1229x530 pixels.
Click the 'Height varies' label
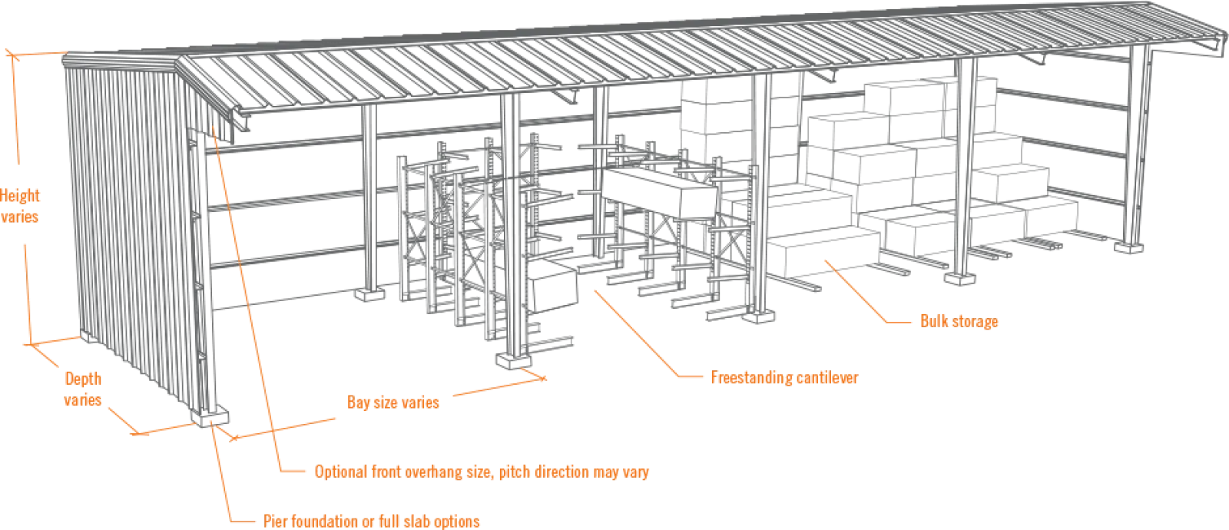(20, 205)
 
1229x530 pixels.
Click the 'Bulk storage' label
(959, 323)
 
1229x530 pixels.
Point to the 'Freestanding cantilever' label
(780, 378)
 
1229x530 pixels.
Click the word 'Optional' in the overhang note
(339, 472)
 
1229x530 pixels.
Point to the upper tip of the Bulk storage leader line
(825, 261)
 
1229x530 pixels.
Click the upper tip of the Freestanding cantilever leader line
(592, 290)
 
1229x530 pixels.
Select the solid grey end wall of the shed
(138, 230)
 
